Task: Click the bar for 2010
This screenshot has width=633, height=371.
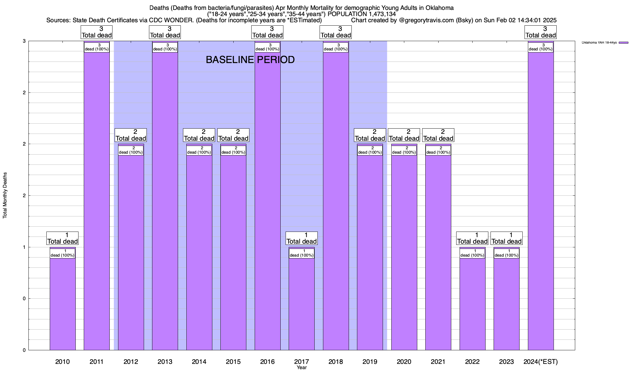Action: (62, 303)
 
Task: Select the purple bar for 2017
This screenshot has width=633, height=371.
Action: (301, 303)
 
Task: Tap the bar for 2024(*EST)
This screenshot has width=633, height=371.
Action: (541, 201)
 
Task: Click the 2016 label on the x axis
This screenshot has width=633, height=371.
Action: (267, 361)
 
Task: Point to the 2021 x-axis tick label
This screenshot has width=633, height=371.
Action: (438, 361)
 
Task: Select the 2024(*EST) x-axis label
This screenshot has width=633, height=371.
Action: (541, 361)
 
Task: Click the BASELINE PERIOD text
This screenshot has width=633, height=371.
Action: (250, 60)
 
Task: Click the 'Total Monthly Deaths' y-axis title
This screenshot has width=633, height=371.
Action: (5, 195)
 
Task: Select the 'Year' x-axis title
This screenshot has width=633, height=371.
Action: (301, 368)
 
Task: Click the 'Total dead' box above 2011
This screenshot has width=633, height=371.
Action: (97, 32)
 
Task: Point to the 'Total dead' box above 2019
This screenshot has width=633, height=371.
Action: (370, 135)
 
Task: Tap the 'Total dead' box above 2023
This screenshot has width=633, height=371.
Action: (506, 238)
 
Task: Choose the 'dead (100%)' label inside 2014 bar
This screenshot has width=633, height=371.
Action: (199, 150)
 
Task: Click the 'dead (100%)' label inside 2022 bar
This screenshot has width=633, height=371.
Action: (472, 253)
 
